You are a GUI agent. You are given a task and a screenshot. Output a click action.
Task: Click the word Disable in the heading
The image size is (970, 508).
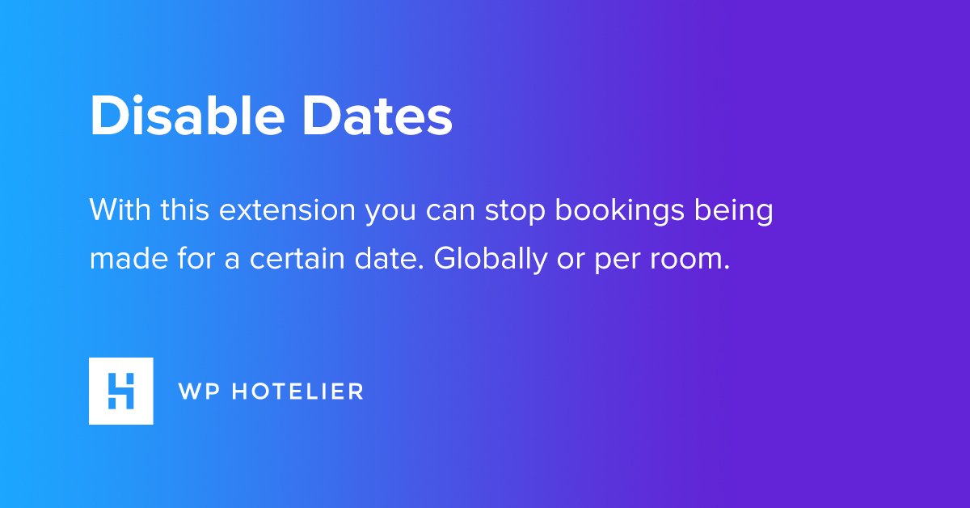tap(187, 116)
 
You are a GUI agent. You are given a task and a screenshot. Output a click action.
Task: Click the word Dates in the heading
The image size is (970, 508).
tap(377, 116)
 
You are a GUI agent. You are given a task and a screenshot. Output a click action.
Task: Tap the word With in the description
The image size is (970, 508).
tap(120, 210)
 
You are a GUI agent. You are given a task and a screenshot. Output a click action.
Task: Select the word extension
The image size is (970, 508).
tap(287, 210)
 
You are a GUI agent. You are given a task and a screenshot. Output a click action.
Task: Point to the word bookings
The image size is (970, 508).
tap(620, 211)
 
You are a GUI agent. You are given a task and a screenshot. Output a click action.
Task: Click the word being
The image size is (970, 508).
tap(734, 211)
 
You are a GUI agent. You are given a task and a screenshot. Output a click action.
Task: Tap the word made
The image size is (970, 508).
tap(129, 258)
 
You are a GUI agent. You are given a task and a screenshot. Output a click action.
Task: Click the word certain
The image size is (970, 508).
tap(297, 259)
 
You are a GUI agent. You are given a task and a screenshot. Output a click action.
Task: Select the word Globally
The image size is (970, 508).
tap(491, 260)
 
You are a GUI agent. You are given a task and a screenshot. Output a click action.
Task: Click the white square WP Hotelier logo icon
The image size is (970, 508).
tap(120, 391)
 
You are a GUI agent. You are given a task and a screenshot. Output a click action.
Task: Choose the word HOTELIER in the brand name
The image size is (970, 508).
tap(297, 392)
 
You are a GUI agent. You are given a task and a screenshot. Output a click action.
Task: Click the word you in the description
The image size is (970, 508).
tap(390, 214)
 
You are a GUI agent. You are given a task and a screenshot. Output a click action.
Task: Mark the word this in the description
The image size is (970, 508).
tap(185, 210)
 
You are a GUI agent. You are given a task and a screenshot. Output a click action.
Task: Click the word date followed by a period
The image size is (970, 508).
tap(389, 259)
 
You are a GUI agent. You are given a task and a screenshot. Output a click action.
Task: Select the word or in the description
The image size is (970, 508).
tap(571, 260)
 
